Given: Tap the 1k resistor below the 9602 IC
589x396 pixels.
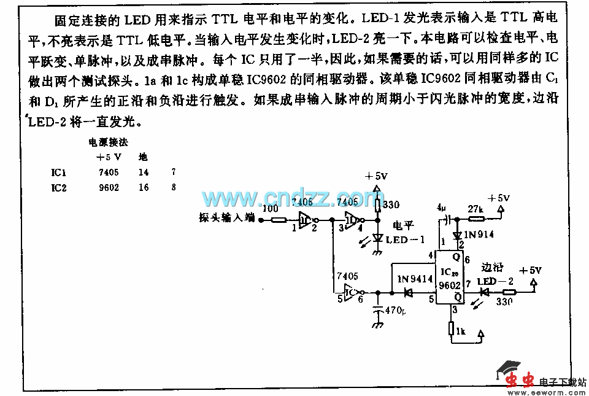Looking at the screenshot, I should tap(452, 332).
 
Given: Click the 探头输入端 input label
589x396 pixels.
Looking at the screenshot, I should tap(226, 217).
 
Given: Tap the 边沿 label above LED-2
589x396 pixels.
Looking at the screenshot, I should tap(493, 267).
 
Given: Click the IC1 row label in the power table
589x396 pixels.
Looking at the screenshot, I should tap(59, 173).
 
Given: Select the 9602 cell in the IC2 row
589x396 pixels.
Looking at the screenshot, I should tap(108, 187).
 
